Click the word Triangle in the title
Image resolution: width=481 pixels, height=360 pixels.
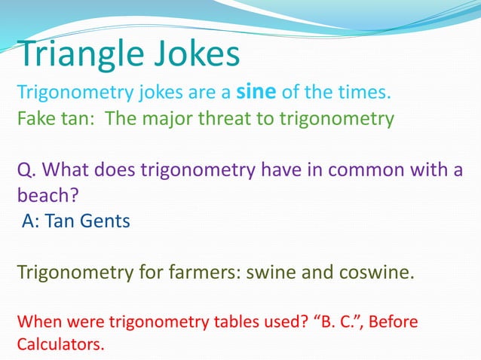coord(78,54)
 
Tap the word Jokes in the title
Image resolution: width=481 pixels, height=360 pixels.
coord(194,54)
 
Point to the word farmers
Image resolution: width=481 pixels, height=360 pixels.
coord(198,271)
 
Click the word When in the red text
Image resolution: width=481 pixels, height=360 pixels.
coord(40,323)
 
